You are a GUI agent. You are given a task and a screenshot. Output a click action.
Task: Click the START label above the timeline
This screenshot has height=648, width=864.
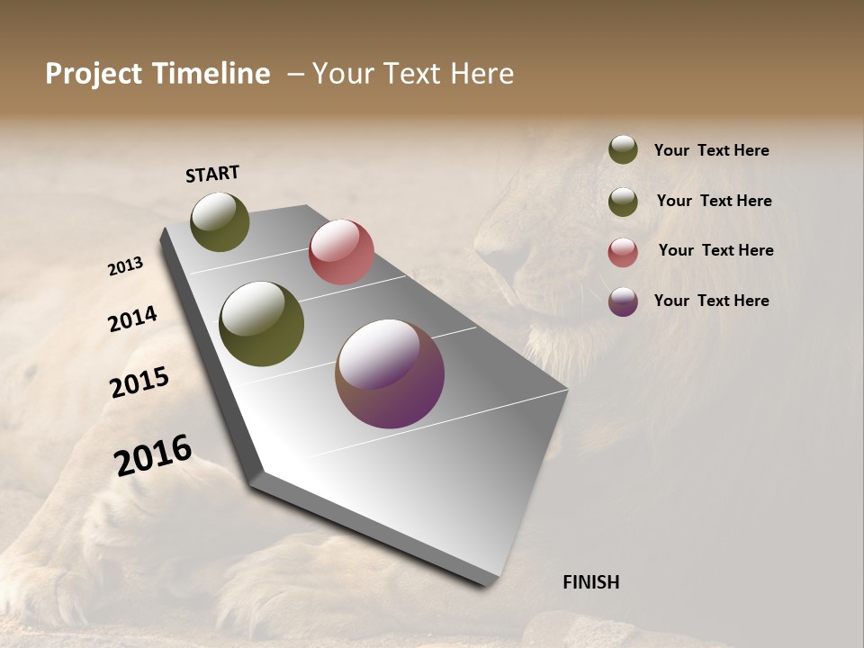pos(212,174)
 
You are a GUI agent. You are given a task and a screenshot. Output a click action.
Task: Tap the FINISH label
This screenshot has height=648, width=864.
pos(590,582)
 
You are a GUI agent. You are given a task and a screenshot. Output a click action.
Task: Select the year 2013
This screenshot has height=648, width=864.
pos(125,266)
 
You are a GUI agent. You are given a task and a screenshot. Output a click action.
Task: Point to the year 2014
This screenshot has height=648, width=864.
pos(132,319)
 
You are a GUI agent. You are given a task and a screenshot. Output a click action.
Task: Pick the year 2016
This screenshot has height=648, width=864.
pos(153,455)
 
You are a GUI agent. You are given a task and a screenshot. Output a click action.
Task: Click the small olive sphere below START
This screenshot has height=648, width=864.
pos(220,221)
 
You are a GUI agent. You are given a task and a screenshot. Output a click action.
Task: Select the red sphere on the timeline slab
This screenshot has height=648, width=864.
pos(341,252)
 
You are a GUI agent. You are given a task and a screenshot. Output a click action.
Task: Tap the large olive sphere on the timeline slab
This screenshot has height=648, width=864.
pos(261,324)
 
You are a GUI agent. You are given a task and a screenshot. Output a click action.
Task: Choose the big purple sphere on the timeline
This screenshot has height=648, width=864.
pos(390,373)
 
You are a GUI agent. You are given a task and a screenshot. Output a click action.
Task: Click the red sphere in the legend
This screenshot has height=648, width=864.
pos(623,252)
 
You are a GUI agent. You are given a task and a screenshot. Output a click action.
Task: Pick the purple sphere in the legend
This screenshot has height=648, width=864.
pos(623,301)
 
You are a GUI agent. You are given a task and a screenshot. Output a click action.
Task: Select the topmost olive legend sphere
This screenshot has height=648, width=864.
pos(623,149)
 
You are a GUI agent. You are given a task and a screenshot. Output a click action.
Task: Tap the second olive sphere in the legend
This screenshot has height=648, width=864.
pos(623,202)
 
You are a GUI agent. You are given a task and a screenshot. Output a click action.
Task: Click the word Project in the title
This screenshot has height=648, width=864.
pos(94,74)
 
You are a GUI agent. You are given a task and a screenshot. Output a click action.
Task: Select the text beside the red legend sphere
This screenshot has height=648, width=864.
pos(715,250)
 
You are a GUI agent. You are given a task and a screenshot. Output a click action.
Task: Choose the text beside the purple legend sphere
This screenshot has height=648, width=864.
pos(711,301)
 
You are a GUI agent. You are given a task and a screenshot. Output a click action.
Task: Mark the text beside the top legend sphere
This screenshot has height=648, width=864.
pos(711,151)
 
